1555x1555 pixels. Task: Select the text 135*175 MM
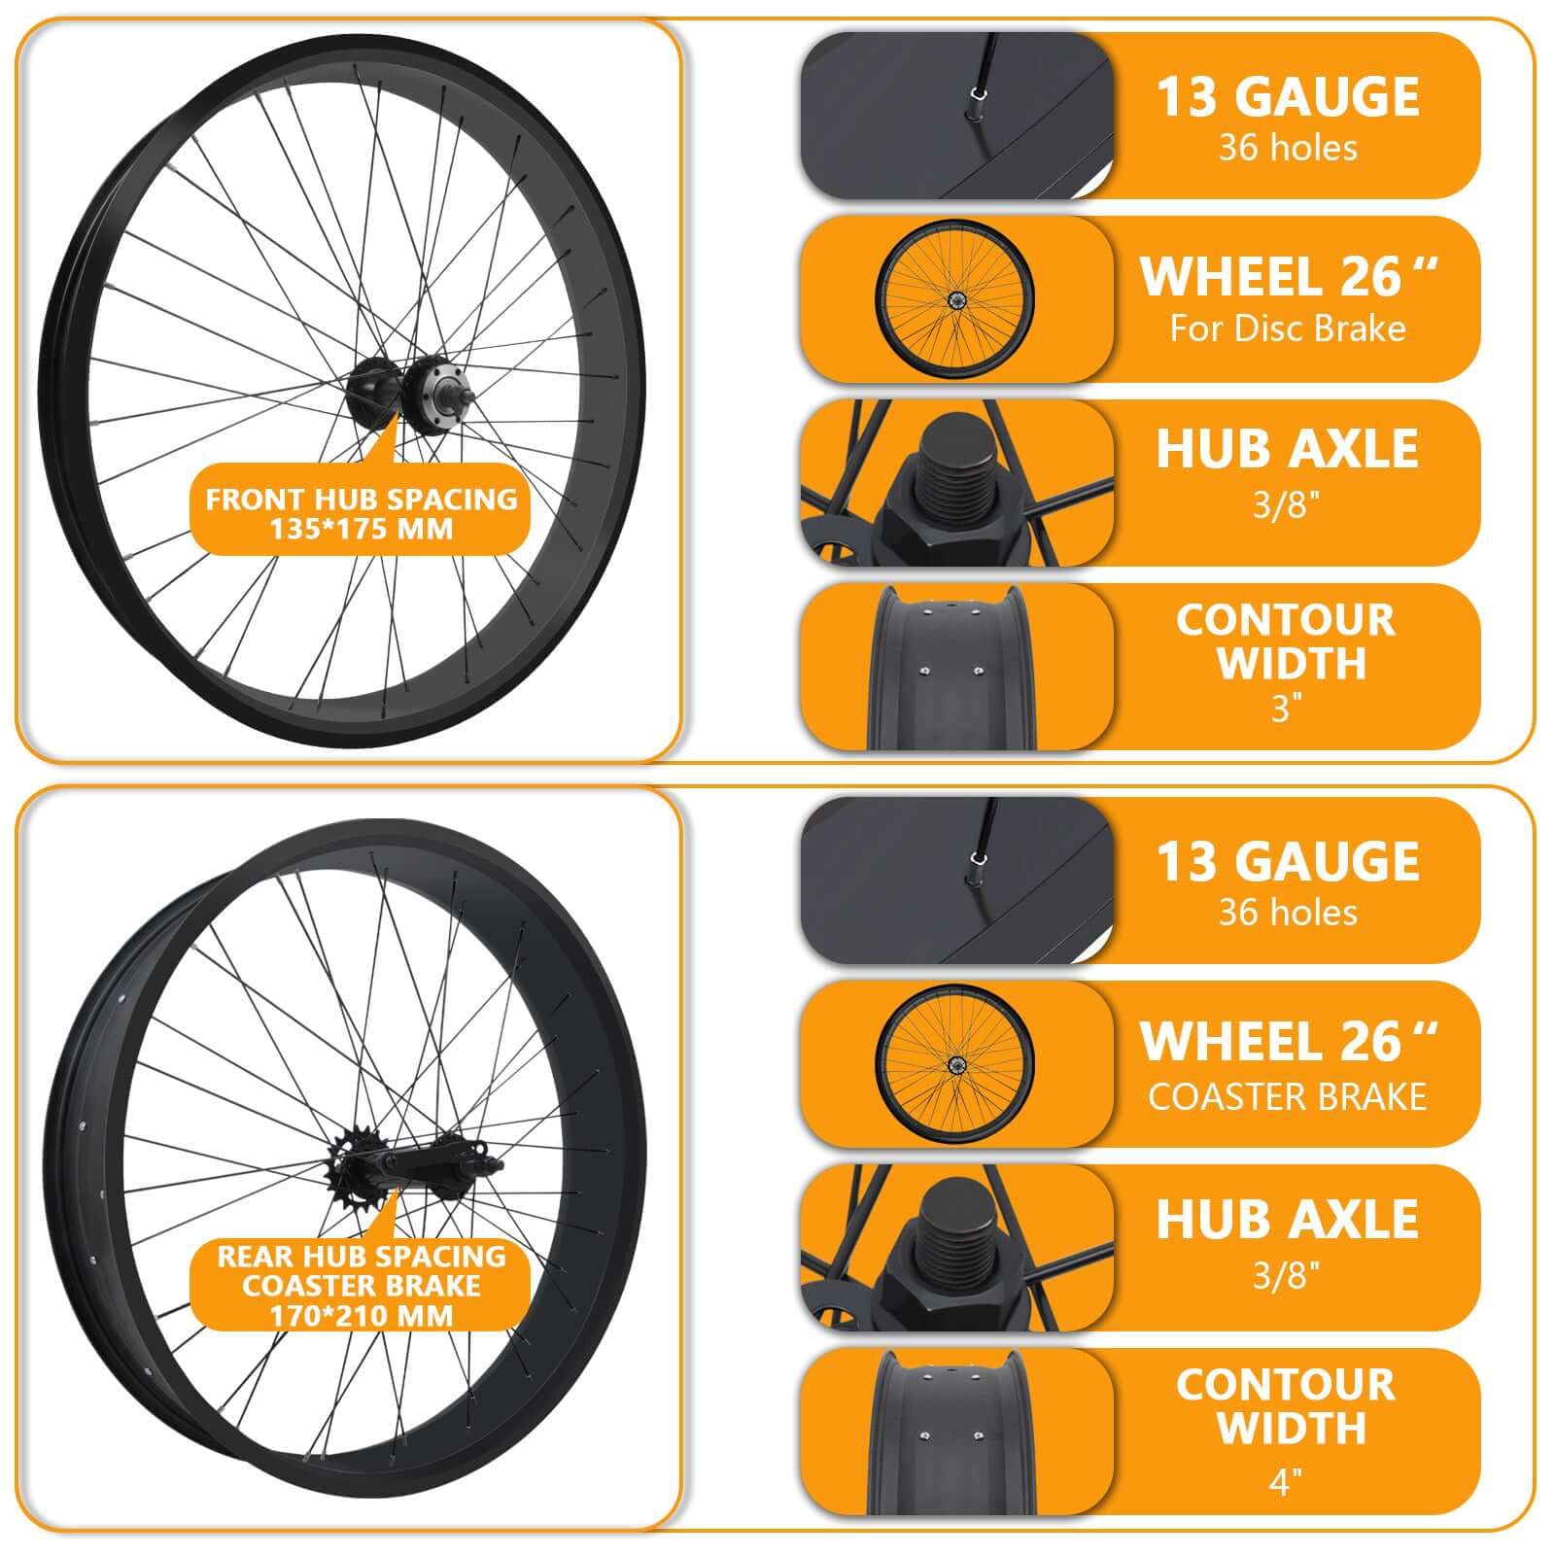pos(361,530)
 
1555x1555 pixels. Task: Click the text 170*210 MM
pos(361,1316)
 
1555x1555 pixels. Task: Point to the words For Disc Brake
pos(1287,328)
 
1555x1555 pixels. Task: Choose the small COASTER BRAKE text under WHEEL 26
pos(1287,1097)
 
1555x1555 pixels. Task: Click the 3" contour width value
pos(1286,708)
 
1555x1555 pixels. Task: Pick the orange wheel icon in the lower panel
pos(954,1062)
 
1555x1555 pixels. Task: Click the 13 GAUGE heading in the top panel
pos(1287,97)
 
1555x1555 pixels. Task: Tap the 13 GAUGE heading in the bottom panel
pos(1287,862)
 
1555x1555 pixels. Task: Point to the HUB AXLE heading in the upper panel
pos(1287,449)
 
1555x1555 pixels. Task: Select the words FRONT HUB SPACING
pos(361,500)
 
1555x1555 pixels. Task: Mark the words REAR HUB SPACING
pos(361,1256)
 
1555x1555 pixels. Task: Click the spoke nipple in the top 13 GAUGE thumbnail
pos(977,94)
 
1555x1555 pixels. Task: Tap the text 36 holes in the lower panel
pos(1287,913)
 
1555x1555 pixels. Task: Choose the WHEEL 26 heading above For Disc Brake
pos(1287,277)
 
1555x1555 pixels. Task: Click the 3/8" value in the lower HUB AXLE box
pos(1286,1274)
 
